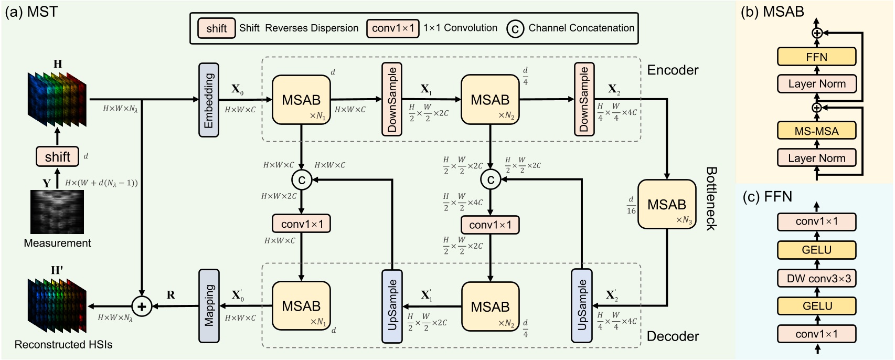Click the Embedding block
209,100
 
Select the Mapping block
209,306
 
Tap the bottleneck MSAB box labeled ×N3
666,205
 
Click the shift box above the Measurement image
57,156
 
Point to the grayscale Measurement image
57,212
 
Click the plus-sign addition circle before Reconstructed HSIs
141,306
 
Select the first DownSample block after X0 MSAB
392,99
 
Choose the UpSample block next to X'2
582,306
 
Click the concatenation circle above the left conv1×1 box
302,180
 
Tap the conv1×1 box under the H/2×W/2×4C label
490,225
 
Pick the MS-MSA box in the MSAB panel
816,131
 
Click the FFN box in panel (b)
816,57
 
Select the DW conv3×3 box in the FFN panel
816,278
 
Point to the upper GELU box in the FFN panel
816,250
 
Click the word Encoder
673,70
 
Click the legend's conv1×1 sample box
393,28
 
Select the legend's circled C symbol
515,29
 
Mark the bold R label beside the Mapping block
171,295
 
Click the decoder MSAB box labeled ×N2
490,306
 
